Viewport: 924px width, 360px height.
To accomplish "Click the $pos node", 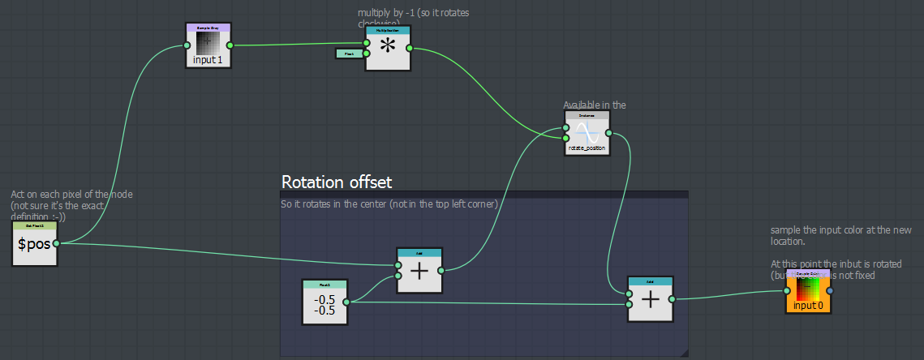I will [34, 243].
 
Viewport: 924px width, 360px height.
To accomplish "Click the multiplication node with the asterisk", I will [388, 48].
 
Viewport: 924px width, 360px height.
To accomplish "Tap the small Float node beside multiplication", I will [349, 54].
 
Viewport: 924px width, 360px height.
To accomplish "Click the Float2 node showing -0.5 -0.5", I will [324, 302].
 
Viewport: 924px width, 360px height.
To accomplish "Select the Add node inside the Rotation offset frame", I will [419, 271].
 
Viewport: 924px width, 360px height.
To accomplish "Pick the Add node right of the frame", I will [650, 299].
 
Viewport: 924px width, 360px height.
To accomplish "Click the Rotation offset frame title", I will [337, 182].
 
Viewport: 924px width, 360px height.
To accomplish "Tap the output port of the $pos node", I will [56, 242].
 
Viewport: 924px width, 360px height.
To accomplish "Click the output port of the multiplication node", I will [410, 48].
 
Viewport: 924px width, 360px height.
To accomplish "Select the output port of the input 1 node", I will [230, 46].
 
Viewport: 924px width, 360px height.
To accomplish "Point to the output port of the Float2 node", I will [346, 302].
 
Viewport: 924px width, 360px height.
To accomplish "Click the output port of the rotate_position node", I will [608, 134].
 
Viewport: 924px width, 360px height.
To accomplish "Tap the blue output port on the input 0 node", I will [829, 291].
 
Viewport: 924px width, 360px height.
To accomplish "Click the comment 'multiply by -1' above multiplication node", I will [413, 14].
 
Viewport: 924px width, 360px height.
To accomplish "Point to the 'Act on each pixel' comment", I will [71, 206].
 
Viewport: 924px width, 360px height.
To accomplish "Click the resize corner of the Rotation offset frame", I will [685, 353].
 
